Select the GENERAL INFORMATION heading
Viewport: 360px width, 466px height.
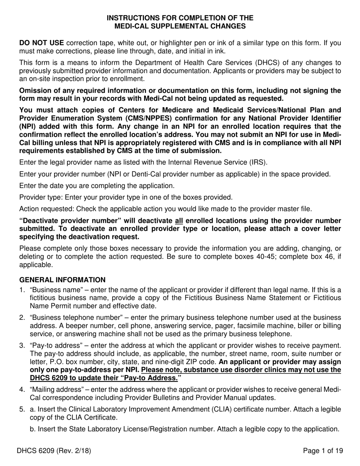point(62,280)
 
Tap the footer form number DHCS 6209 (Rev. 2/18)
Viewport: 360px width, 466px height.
point(54,450)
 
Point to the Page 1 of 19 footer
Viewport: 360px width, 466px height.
point(323,450)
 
